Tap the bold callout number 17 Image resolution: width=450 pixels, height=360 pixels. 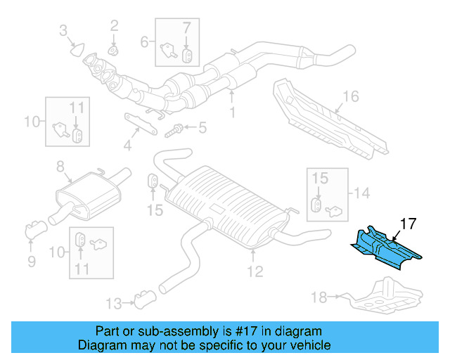pyautogui.click(x=409, y=224)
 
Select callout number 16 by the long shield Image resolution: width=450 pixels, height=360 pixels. pyautogui.click(x=350, y=97)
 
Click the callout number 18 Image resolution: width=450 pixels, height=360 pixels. pyautogui.click(x=319, y=298)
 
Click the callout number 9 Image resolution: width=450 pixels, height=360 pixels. pyautogui.click(x=31, y=262)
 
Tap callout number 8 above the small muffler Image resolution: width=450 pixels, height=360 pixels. pyautogui.click(x=60, y=167)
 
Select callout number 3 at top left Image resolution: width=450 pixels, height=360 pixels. pyautogui.click(x=63, y=30)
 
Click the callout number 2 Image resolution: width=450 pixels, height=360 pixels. pyautogui.click(x=114, y=27)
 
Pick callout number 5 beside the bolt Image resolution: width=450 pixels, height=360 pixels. pyautogui.click(x=202, y=128)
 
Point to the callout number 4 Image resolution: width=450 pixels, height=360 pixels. pyautogui.click(x=127, y=146)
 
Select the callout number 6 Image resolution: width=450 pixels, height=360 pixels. pyautogui.click(x=145, y=42)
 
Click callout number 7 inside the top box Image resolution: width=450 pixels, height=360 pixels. pyautogui.click(x=187, y=29)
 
